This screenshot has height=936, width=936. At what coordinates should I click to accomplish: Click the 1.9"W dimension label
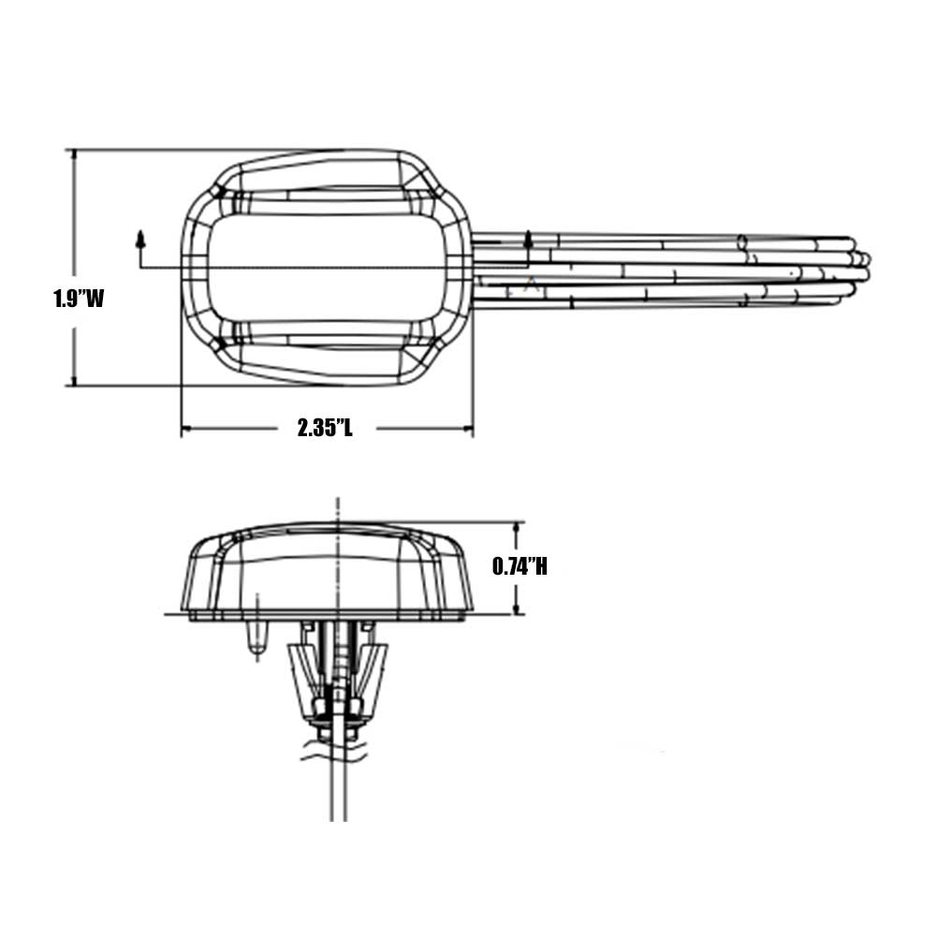78,299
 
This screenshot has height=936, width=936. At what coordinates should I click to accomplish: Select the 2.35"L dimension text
326,429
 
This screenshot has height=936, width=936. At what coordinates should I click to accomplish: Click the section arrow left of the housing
141,240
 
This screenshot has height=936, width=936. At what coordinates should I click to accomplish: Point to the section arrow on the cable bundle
529,240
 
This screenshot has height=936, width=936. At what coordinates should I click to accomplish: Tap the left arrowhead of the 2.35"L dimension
186,430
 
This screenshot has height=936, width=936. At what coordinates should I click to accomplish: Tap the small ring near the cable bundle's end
742,241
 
